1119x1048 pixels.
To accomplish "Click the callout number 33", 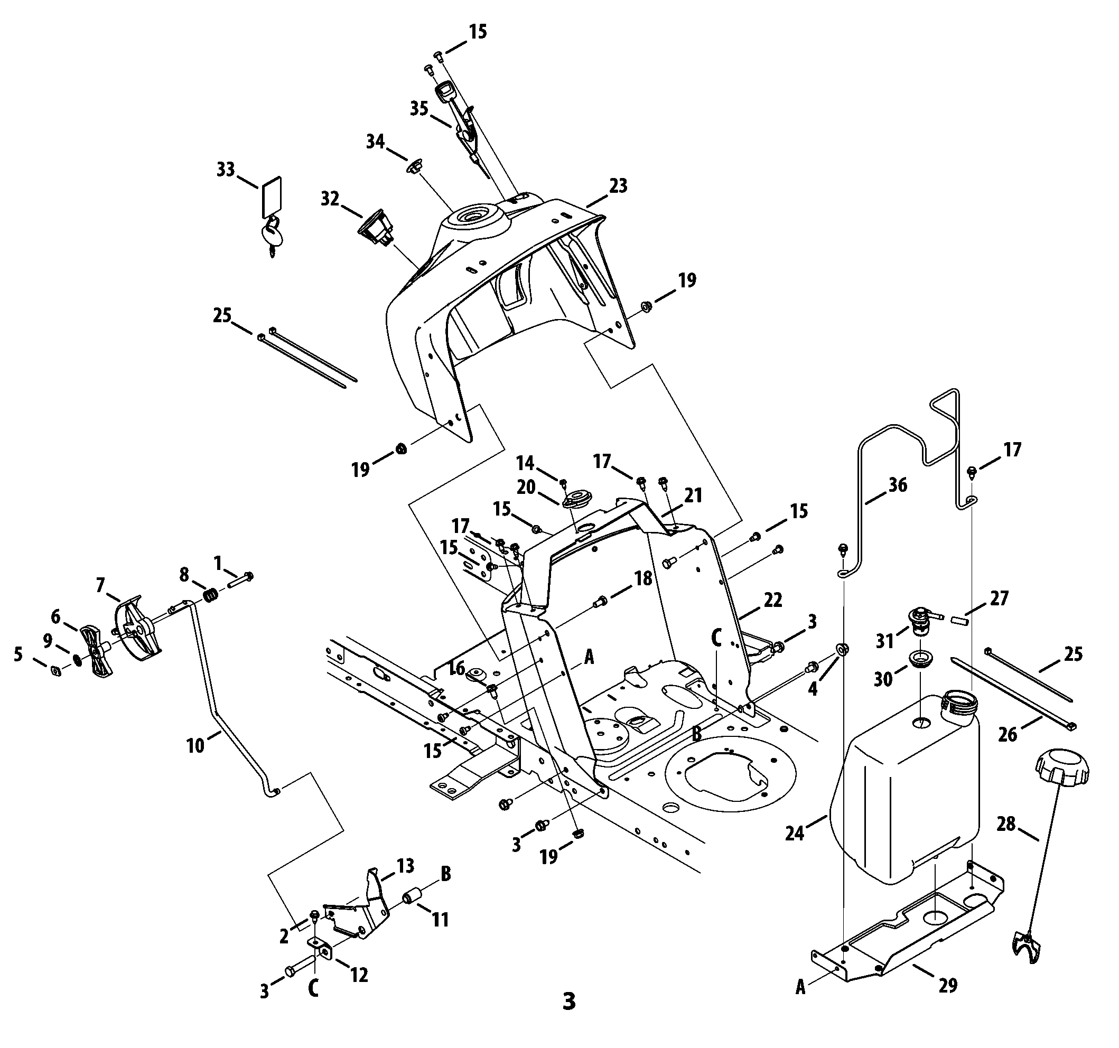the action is (226, 170).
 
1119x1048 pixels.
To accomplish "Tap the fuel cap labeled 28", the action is (1061, 768).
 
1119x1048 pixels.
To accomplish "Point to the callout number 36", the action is (898, 484).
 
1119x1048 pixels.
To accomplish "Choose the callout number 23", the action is (618, 186).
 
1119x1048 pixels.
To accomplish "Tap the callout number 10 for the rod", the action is (195, 746).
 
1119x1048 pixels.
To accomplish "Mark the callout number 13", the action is (405, 865).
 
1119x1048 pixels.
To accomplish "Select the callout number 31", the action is (885, 641).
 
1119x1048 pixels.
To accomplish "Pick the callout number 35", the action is (419, 108).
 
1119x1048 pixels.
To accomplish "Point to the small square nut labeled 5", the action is (55, 670).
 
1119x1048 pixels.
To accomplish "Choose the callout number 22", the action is (772, 600).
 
